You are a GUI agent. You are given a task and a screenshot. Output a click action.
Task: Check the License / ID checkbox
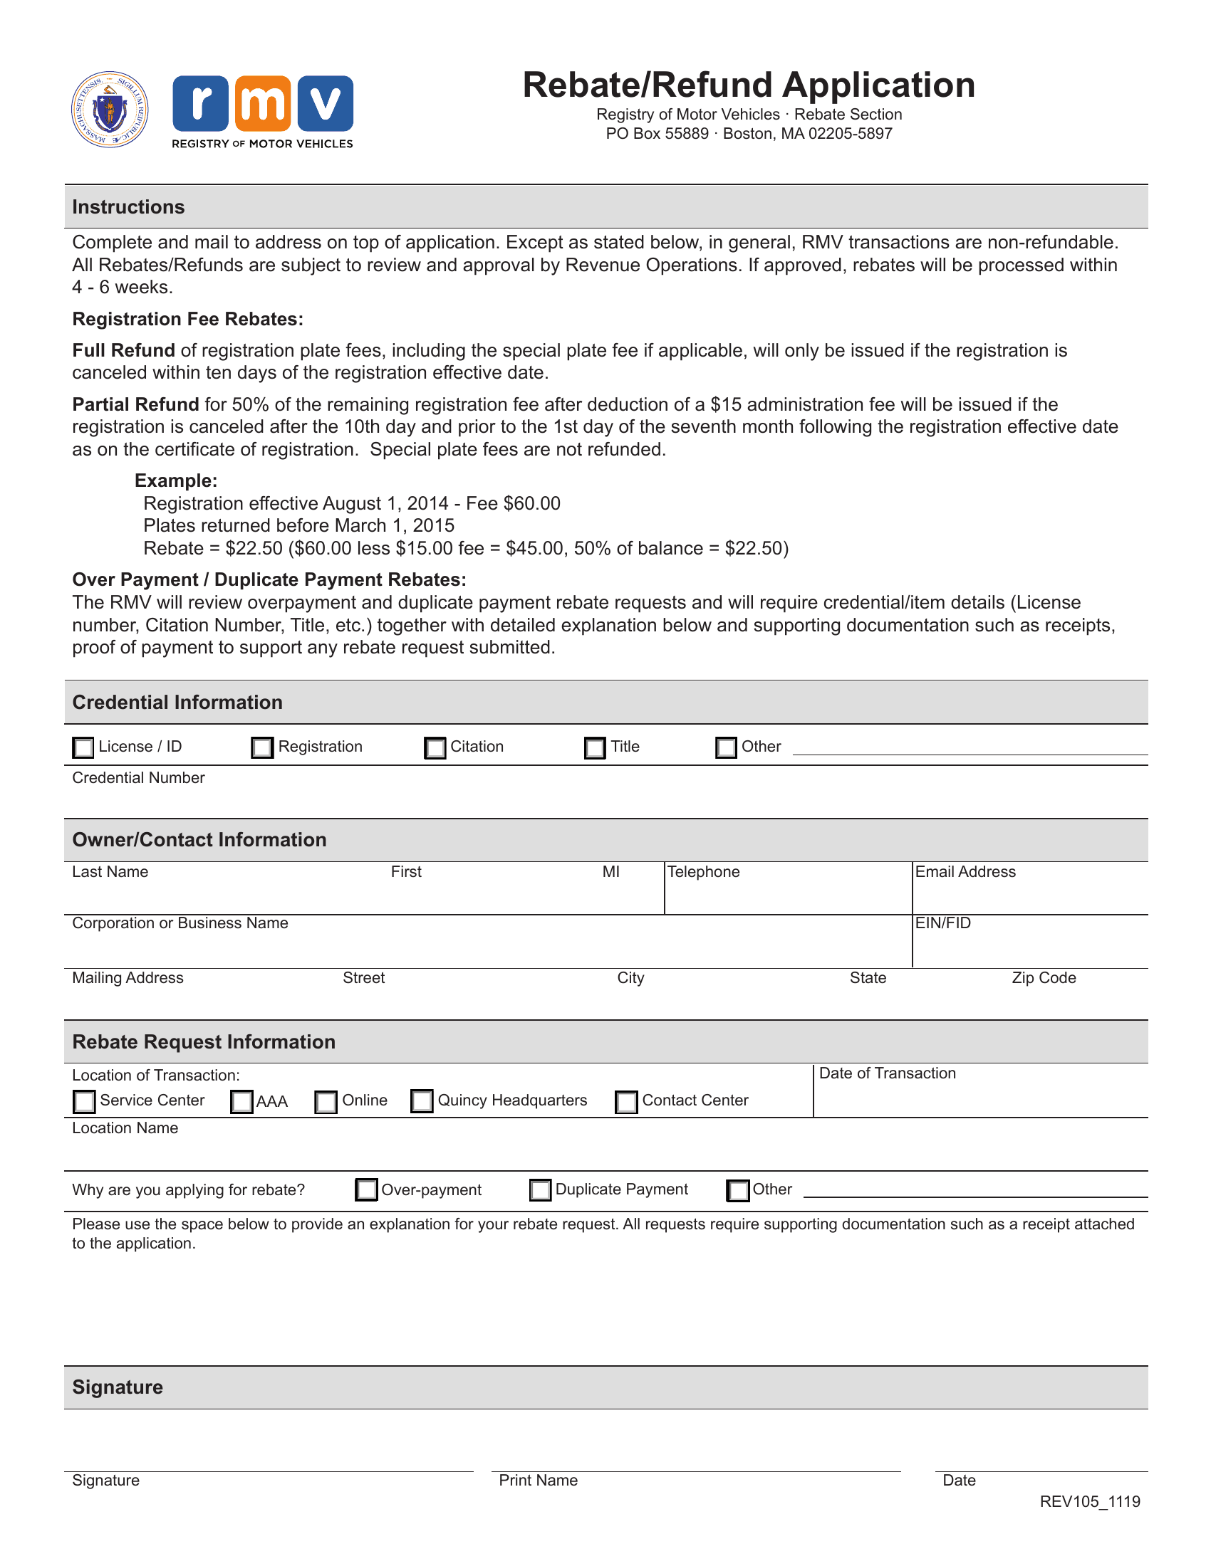tap(83, 747)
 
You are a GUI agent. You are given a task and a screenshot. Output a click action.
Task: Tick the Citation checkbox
tap(435, 747)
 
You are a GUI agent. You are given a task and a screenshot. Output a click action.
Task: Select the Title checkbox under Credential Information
tap(595, 747)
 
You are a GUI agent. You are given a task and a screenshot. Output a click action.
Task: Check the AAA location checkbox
tap(241, 1101)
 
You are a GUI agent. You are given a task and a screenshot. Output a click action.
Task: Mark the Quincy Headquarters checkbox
tap(422, 1100)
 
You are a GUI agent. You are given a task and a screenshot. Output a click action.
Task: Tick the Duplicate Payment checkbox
tap(540, 1189)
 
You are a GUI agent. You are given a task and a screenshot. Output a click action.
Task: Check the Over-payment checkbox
tap(367, 1189)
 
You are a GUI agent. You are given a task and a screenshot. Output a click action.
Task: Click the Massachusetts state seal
tap(110, 109)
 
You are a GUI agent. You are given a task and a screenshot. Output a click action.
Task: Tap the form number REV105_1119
tap(1090, 1501)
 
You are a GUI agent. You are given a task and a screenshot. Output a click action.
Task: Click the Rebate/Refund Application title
tap(748, 85)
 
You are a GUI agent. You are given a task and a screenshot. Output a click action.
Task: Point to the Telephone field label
tap(703, 871)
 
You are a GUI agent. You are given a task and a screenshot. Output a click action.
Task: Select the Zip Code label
tap(1043, 977)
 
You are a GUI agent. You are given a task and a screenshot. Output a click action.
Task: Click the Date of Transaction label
tap(887, 1073)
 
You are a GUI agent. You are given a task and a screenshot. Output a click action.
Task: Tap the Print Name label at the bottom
tap(538, 1480)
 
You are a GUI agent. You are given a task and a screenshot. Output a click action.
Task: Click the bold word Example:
tap(176, 480)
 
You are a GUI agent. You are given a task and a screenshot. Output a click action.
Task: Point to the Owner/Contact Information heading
tap(199, 840)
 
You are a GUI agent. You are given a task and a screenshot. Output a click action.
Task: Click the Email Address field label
tap(965, 871)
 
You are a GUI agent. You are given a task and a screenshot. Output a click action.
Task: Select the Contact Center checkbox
tap(626, 1101)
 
